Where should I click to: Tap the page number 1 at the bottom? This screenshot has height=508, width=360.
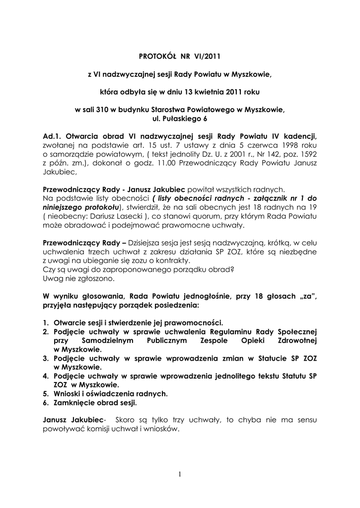180,475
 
